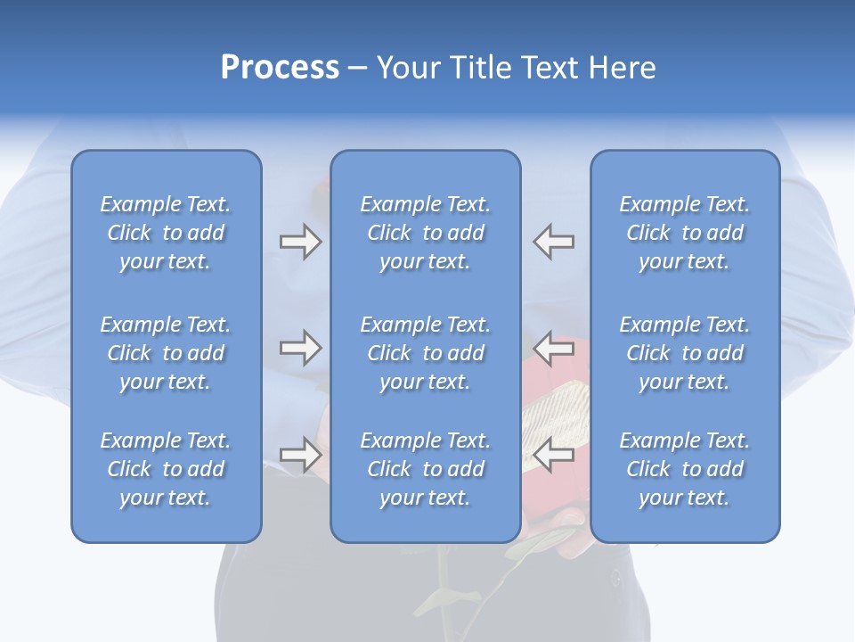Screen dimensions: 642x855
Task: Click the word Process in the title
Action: pyautogui.click(x=280, y=68)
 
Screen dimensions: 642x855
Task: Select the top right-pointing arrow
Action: pyautogui.click(x=300, y=242)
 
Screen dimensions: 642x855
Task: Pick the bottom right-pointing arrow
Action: pyautogui.click(x=300, y=455)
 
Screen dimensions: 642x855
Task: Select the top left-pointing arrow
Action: pyautogui.click(x=554, y=242)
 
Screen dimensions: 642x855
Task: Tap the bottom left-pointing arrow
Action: pyautogui.click(x=554, y=455)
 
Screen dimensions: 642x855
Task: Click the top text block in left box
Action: pyautogui.click(x=166, y=233)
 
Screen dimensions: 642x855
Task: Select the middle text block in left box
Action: pyautogui.click(x=166, y=353)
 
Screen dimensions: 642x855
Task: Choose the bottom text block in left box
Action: pyautogui.click(x=166, y=469)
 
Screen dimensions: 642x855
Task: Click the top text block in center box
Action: pyautogui.click(x=425, y=233)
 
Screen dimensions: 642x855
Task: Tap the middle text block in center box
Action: pyautogui.click(x=425, y=353)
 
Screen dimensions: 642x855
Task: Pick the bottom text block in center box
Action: pyautogui.click(x=425, y=469)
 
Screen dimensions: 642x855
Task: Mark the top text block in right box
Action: pyautogui.click(x=685, y=233)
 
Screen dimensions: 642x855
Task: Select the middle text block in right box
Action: pyautogui.click(x=685, y=353)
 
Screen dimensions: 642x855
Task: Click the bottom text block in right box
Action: pyautogui.click(x=685, y=469)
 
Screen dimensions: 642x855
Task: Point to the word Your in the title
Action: pyautogui.click(x=408, y=68)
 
